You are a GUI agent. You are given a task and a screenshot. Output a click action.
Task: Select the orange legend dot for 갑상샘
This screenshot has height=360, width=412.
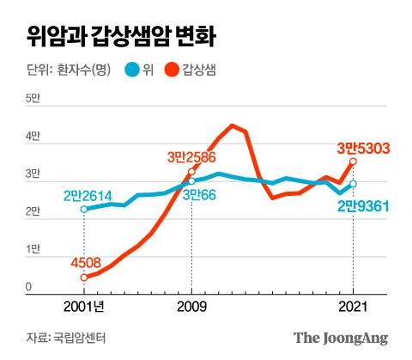click(173, 70)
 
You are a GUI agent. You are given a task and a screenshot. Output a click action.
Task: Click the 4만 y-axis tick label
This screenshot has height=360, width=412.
click(33, 137)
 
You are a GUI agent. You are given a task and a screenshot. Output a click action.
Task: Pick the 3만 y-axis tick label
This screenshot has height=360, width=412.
click(33, 174)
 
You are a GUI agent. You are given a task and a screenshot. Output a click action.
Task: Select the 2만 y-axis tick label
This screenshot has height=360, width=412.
click(33, 211)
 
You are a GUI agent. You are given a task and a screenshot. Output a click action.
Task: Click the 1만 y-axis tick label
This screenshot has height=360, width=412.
click(33, 249)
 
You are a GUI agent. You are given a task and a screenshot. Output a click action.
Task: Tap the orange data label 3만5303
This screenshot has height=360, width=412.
click(363, 149)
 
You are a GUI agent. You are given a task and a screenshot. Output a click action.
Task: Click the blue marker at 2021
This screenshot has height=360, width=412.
click(353, 184)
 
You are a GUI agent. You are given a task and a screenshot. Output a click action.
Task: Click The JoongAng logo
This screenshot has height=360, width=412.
click(341, 338)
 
